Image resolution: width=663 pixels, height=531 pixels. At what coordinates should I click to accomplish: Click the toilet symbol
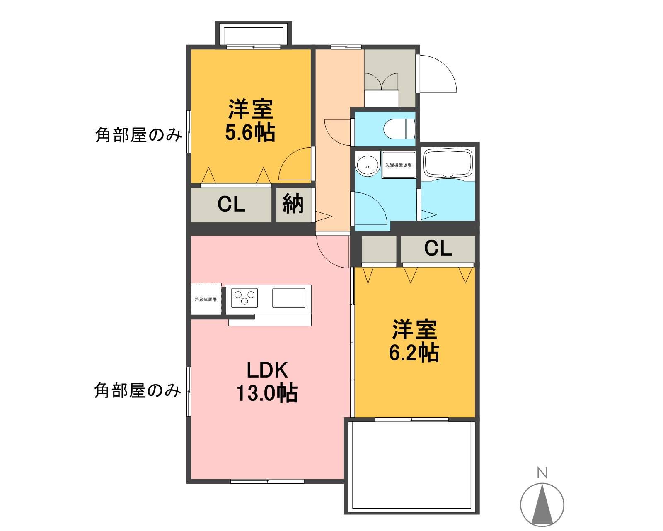[x=399, y=129]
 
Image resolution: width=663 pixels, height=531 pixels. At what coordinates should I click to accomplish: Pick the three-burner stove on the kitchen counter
[x=244, y=298]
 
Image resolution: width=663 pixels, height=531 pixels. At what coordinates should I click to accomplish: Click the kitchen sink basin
[x=288, y=298]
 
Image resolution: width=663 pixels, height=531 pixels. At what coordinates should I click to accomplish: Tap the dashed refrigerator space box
[x=206, y=300]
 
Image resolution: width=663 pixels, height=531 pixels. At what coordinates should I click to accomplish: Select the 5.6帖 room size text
[x=250, y=134]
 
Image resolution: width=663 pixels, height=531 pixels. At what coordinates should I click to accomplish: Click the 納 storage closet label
[x=293, y=205]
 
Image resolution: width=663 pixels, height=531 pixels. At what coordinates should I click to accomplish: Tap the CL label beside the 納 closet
[x=231, y=205]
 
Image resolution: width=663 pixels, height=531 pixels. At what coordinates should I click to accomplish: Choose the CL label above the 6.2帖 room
[x=438, y=248]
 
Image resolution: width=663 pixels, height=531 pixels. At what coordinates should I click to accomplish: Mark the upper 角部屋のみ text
[x=138, y=135]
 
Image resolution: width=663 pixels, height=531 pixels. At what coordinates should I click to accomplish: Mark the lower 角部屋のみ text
[x=138, y=390]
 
